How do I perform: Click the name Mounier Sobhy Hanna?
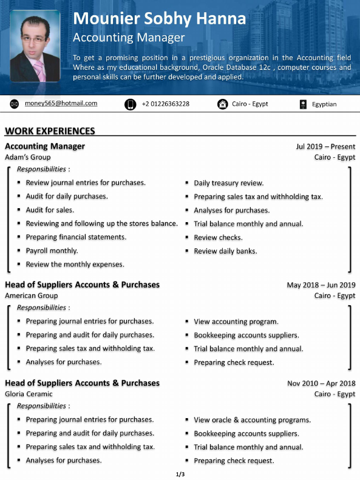(159, 19)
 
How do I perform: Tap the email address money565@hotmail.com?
(61, 103)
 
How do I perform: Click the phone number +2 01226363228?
(165, 104)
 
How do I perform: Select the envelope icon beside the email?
(15, 104)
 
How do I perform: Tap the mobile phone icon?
(130, 104)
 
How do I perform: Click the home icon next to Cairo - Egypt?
(222, 104)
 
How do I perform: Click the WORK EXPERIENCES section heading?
(50, 130)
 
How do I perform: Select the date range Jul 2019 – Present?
(325, 146)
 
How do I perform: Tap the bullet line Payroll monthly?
(52, 251)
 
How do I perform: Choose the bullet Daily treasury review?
(228, 183)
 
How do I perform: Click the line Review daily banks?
(225, 251)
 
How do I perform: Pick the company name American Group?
(32, 296)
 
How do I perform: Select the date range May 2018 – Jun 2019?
(321, 285)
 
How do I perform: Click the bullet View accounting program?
(236, 322)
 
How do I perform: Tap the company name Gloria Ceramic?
(29, 394)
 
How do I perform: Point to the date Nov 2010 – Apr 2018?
(321, 383)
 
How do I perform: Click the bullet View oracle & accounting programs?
(252, 420)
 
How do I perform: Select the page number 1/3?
(180, 473)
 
